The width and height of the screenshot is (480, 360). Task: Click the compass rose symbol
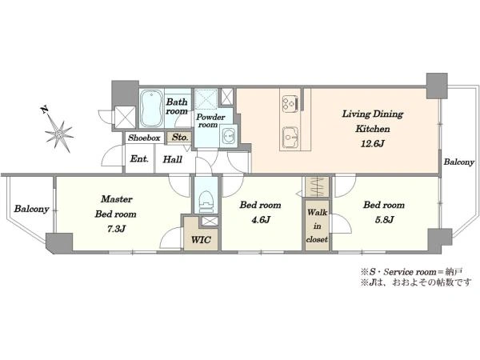[59, 134]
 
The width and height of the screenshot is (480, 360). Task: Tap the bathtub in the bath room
[151, 108]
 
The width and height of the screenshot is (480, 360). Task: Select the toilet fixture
[206, 202]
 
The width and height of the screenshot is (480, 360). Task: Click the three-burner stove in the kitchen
[290, 102]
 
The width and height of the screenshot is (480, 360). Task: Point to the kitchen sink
[290, 137]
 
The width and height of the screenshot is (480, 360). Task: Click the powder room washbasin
[228, 135]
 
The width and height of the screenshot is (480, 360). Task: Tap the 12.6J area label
[372, 143]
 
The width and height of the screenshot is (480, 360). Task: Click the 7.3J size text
[116, 229]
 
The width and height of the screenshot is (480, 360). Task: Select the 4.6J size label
[261, 219]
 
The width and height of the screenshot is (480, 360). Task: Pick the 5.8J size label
[385, 219]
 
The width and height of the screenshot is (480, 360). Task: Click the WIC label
[201, 239]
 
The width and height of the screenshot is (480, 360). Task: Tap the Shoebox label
[144, 138]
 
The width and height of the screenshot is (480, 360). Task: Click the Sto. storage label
[180, 137]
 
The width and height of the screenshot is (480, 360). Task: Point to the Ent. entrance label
[139, 158]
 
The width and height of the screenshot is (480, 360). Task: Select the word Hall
[172, 159]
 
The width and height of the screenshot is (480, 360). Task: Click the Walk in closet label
[317, 226]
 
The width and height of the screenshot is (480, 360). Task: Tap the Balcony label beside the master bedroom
[31, 209]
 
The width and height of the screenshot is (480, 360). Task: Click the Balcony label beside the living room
[459, 162]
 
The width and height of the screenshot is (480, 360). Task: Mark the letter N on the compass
[44, 110]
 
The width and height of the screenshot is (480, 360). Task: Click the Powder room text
[210, 121]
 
